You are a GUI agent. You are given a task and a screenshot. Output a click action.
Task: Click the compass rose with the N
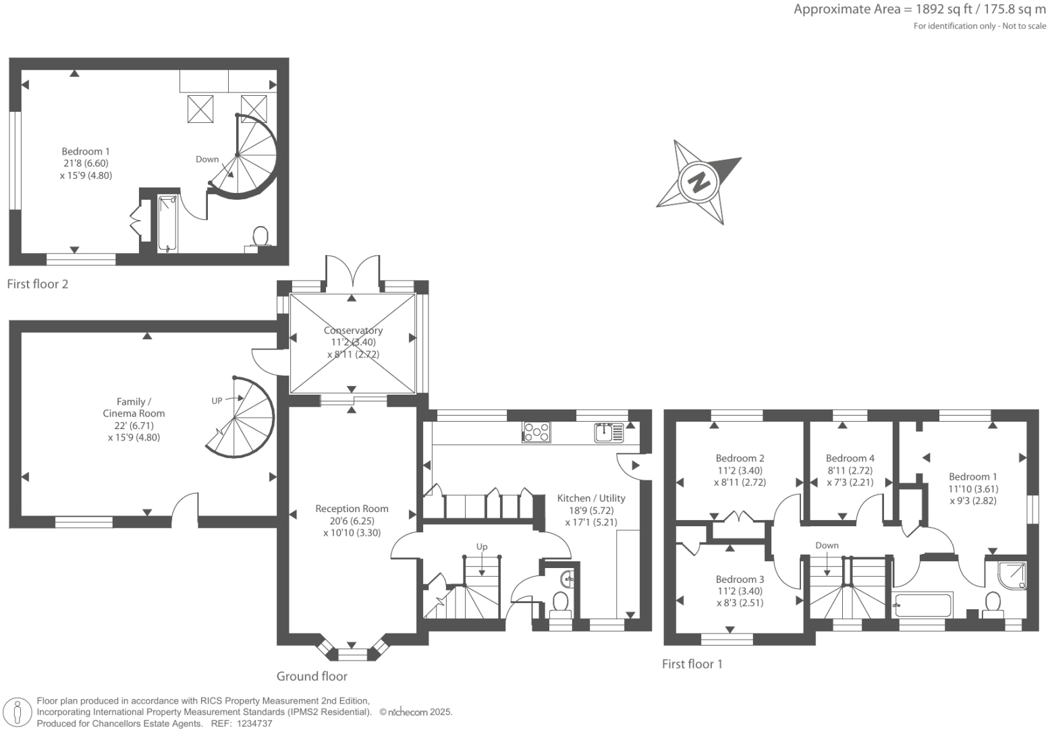698,181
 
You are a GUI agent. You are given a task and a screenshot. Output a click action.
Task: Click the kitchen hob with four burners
536,432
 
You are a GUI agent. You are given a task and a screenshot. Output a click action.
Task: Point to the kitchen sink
609,432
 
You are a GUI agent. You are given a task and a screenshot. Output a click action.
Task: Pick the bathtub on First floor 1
922,605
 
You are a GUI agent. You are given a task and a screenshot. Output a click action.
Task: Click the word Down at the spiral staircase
207,159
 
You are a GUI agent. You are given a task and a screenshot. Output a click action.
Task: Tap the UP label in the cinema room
217,401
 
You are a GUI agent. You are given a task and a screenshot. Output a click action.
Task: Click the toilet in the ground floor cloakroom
560,602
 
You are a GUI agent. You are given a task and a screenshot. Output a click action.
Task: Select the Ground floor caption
312,676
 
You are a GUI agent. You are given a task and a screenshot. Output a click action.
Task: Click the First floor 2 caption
38,284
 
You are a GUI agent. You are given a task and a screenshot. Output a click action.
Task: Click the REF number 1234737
252,723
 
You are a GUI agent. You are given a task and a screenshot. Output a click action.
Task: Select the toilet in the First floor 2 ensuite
260,238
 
